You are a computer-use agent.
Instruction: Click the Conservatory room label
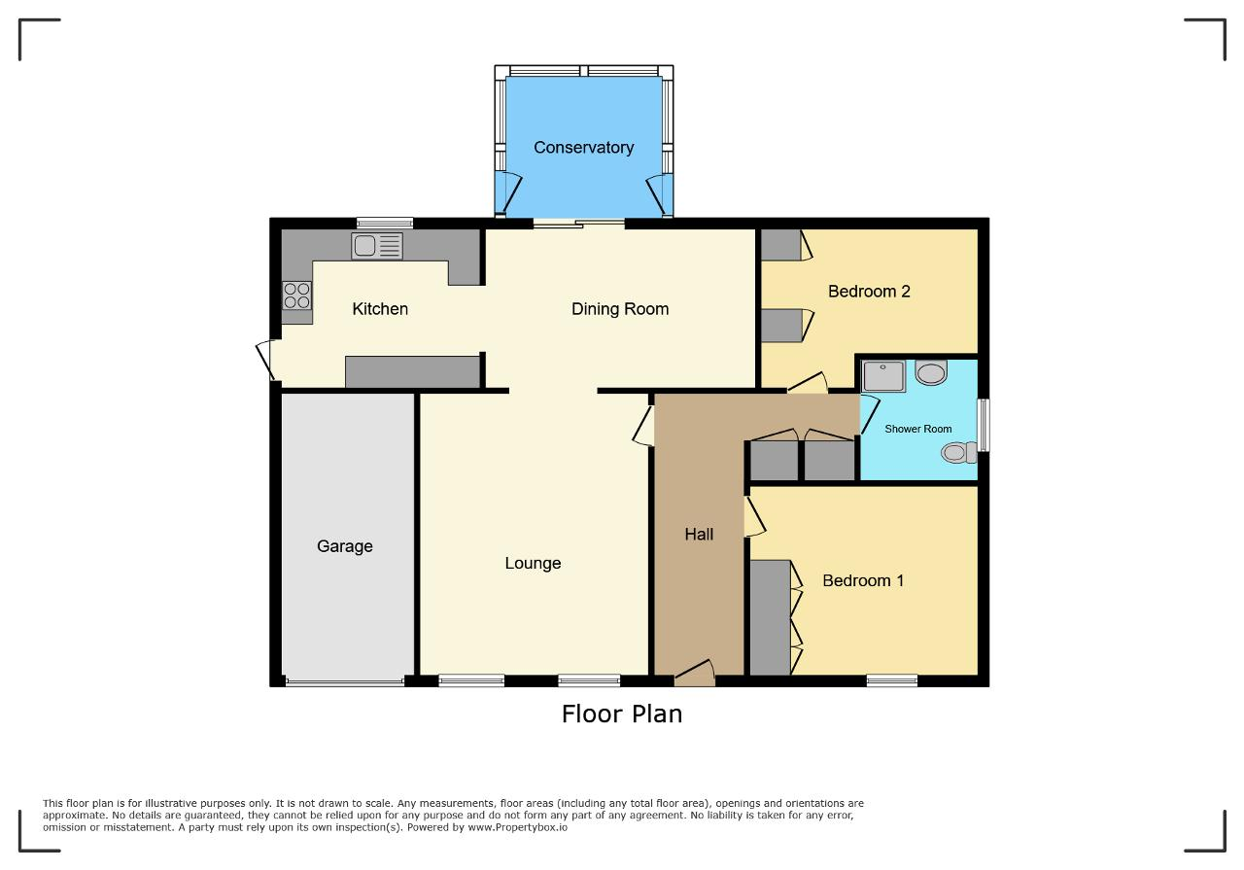pos(583,147)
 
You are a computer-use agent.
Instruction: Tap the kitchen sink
pos(377,246)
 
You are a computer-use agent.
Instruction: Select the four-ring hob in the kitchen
pos(296,296)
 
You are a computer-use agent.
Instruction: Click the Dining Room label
pos(620,309)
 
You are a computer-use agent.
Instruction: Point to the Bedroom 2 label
pos(869,291)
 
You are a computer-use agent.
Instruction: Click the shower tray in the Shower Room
pos(883,376)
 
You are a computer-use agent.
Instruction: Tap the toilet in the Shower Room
pos(959,452)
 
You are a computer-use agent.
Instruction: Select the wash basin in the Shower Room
pos(931,372)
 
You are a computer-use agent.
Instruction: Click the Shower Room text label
pos(918,429)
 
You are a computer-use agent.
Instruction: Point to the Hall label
pos(699,535)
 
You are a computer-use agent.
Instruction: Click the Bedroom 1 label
pos(863,580)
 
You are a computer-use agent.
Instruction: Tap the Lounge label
pos(533,564)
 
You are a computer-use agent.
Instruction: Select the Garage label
pos(344,546)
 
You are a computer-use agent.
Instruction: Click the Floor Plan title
pos(622,713)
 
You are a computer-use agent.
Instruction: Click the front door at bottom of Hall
pos(694,674)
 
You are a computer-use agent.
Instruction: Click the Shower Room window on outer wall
pos(984,425)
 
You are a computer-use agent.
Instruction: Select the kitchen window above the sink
pos(385,224)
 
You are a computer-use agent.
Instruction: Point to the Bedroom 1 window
pos(892,680)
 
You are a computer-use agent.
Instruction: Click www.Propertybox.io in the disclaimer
pos(518,827)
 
